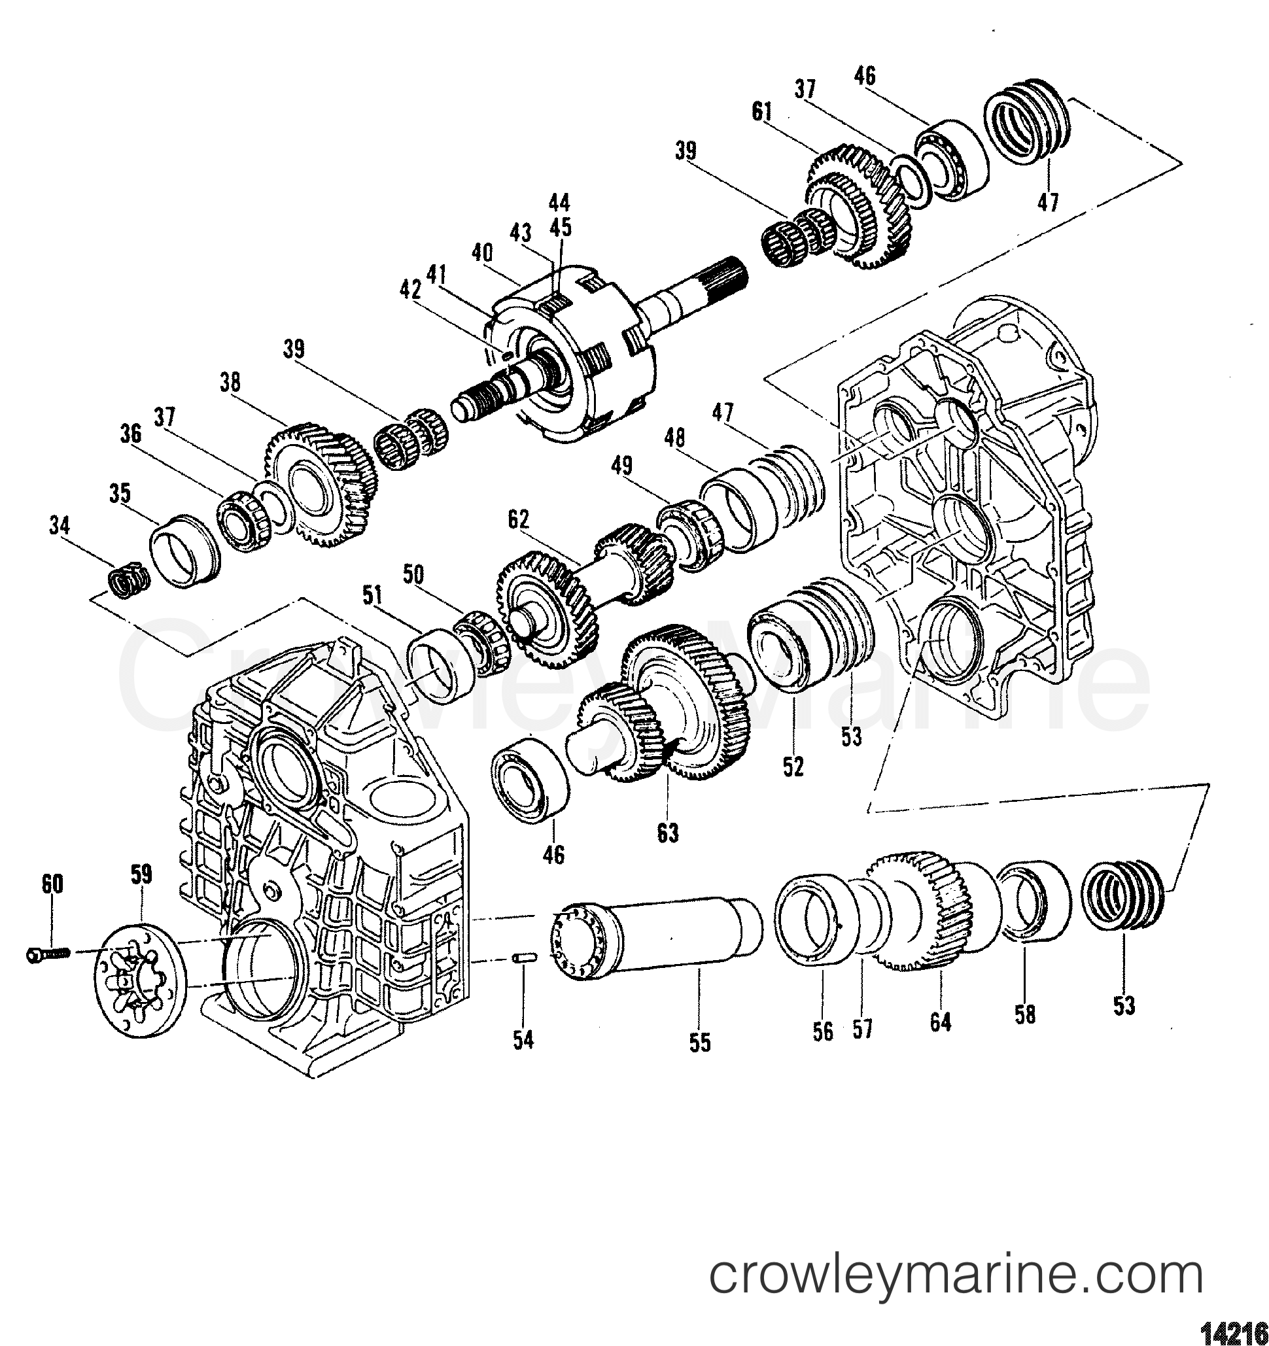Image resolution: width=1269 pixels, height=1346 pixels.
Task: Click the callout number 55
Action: tap(701, 1043)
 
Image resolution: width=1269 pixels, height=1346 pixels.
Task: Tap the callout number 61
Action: tap(762, 112)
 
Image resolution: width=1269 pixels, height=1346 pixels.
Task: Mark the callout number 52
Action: tap(793, 767)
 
